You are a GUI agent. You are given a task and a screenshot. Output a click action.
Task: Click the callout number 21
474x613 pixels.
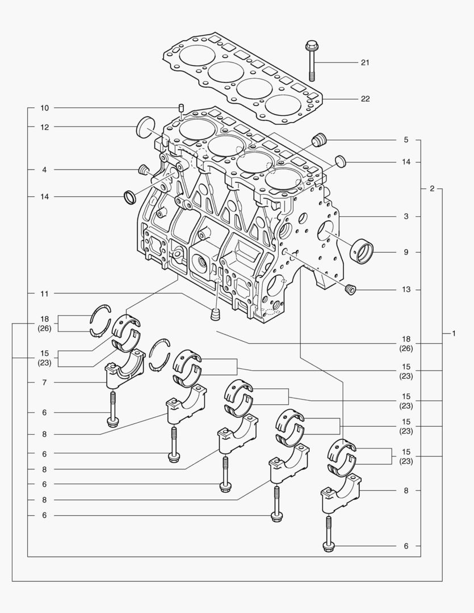pyautogui.click(x=365, y=62)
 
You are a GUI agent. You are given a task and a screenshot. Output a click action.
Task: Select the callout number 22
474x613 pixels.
pyautogui.click(x=365, y=99)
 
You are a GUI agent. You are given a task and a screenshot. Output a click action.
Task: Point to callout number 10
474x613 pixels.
pyautogui.click(x=45, y=108)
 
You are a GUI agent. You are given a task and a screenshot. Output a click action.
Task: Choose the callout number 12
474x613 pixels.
pyautogui.click(x=45, y=127)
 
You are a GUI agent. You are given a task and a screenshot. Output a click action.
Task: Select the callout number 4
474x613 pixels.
pyautogui.click(x=45, y=170)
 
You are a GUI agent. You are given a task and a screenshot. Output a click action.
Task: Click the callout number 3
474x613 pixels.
pyautogui.click(x=406, y=217)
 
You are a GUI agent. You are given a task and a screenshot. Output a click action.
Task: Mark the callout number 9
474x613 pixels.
pyautogui.click(x=406, y=252)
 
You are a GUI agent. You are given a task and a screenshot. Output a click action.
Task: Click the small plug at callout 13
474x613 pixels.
pyautogui.click(x=351, y=291)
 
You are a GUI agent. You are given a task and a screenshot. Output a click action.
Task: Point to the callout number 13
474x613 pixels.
pyautogui.click(x=406, y=290)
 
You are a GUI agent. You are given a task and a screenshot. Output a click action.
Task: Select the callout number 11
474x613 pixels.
pyautogui.click(x=45, y=293)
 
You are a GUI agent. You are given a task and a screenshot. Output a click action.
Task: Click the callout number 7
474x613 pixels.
pyautogui.click(x=45, y=383)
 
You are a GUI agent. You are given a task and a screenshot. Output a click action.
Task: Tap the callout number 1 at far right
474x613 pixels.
pyautogui.click(x=454, y=333)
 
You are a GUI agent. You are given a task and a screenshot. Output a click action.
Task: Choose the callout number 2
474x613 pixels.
pyautogui.click(x=432, y=188)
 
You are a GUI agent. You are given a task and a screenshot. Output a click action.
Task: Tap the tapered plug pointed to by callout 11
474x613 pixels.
pyautogui.click(x=216, y=314)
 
